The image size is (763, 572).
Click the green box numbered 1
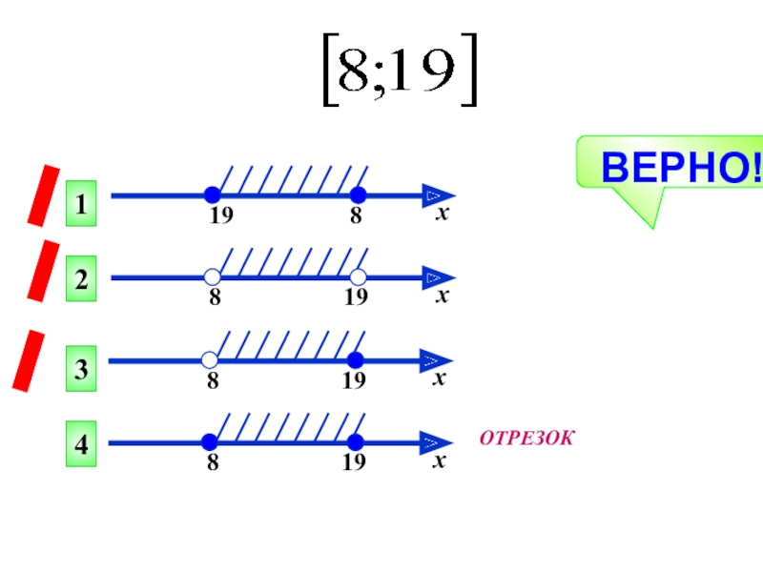(x=82, y=205)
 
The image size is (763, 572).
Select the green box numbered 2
(x=82, y=280)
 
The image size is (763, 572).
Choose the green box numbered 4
(x=82, y=445)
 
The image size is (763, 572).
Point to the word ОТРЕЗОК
(x=527, y=439)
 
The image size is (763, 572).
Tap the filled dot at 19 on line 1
(x=212, y=195)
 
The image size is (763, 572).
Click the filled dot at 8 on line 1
(x=357, y=195)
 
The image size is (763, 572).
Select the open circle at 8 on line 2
(x=212, y=277)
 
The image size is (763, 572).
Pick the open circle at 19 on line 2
(x=358, y=277)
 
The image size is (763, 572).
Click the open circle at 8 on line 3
(x=211, y=360)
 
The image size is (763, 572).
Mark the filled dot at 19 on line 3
(x=356, y=360)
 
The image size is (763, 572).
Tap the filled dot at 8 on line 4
(x=211, y=442)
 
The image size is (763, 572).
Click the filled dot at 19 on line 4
(x=356, y=442)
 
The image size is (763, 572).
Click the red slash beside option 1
(x=43, y=194)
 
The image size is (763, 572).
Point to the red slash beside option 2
(x=43, y=270)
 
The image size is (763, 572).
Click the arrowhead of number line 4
(x=438, y=442)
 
